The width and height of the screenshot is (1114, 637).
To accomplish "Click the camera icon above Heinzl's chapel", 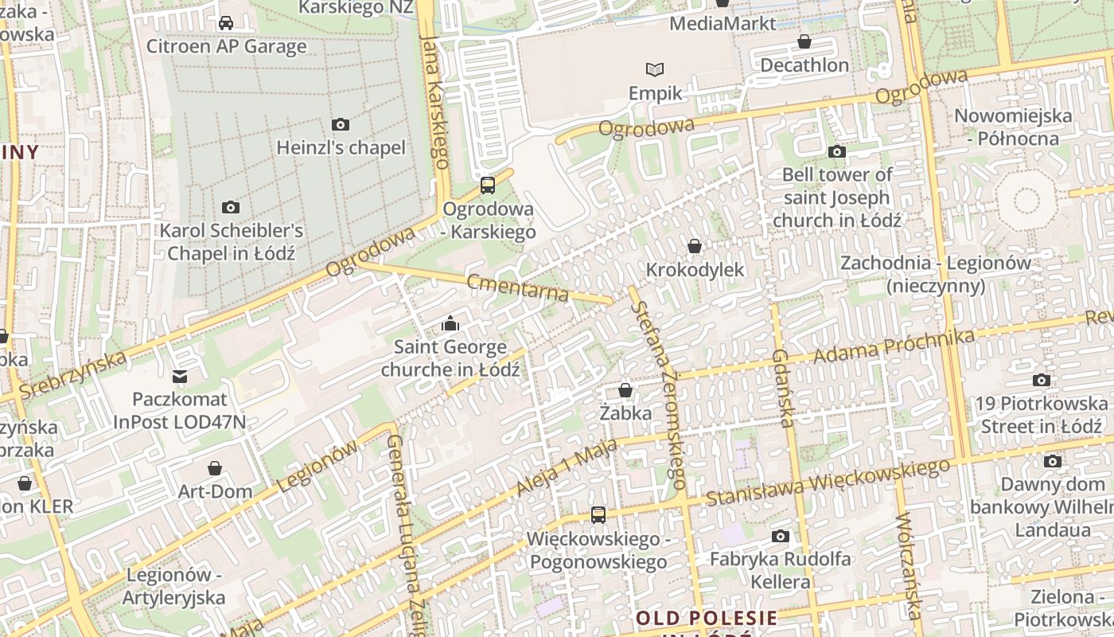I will [341, 124].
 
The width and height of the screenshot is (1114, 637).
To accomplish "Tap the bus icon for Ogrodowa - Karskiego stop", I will [488, 186].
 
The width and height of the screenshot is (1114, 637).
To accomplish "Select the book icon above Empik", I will [655, 70].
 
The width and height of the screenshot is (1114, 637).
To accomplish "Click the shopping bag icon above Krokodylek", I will [695, 246].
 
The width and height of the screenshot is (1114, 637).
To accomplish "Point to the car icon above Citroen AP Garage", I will [226, 23].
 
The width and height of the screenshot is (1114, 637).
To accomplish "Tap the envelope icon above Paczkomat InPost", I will [180, 376].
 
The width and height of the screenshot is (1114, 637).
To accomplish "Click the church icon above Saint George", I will [450, 323].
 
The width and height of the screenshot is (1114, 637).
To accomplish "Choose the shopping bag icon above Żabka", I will [625, 390].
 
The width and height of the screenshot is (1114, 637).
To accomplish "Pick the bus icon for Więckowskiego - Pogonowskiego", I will [598, 515].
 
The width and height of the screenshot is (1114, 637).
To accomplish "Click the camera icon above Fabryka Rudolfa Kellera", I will [781, 536].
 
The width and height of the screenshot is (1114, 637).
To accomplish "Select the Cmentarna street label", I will [518, 287].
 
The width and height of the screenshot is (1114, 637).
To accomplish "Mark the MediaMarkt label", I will [723, 23].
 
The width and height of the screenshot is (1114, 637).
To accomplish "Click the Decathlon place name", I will [804, 64].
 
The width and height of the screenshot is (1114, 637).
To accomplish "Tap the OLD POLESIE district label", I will [707, 618].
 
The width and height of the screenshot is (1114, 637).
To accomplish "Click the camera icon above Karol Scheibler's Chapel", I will [231, 207].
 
